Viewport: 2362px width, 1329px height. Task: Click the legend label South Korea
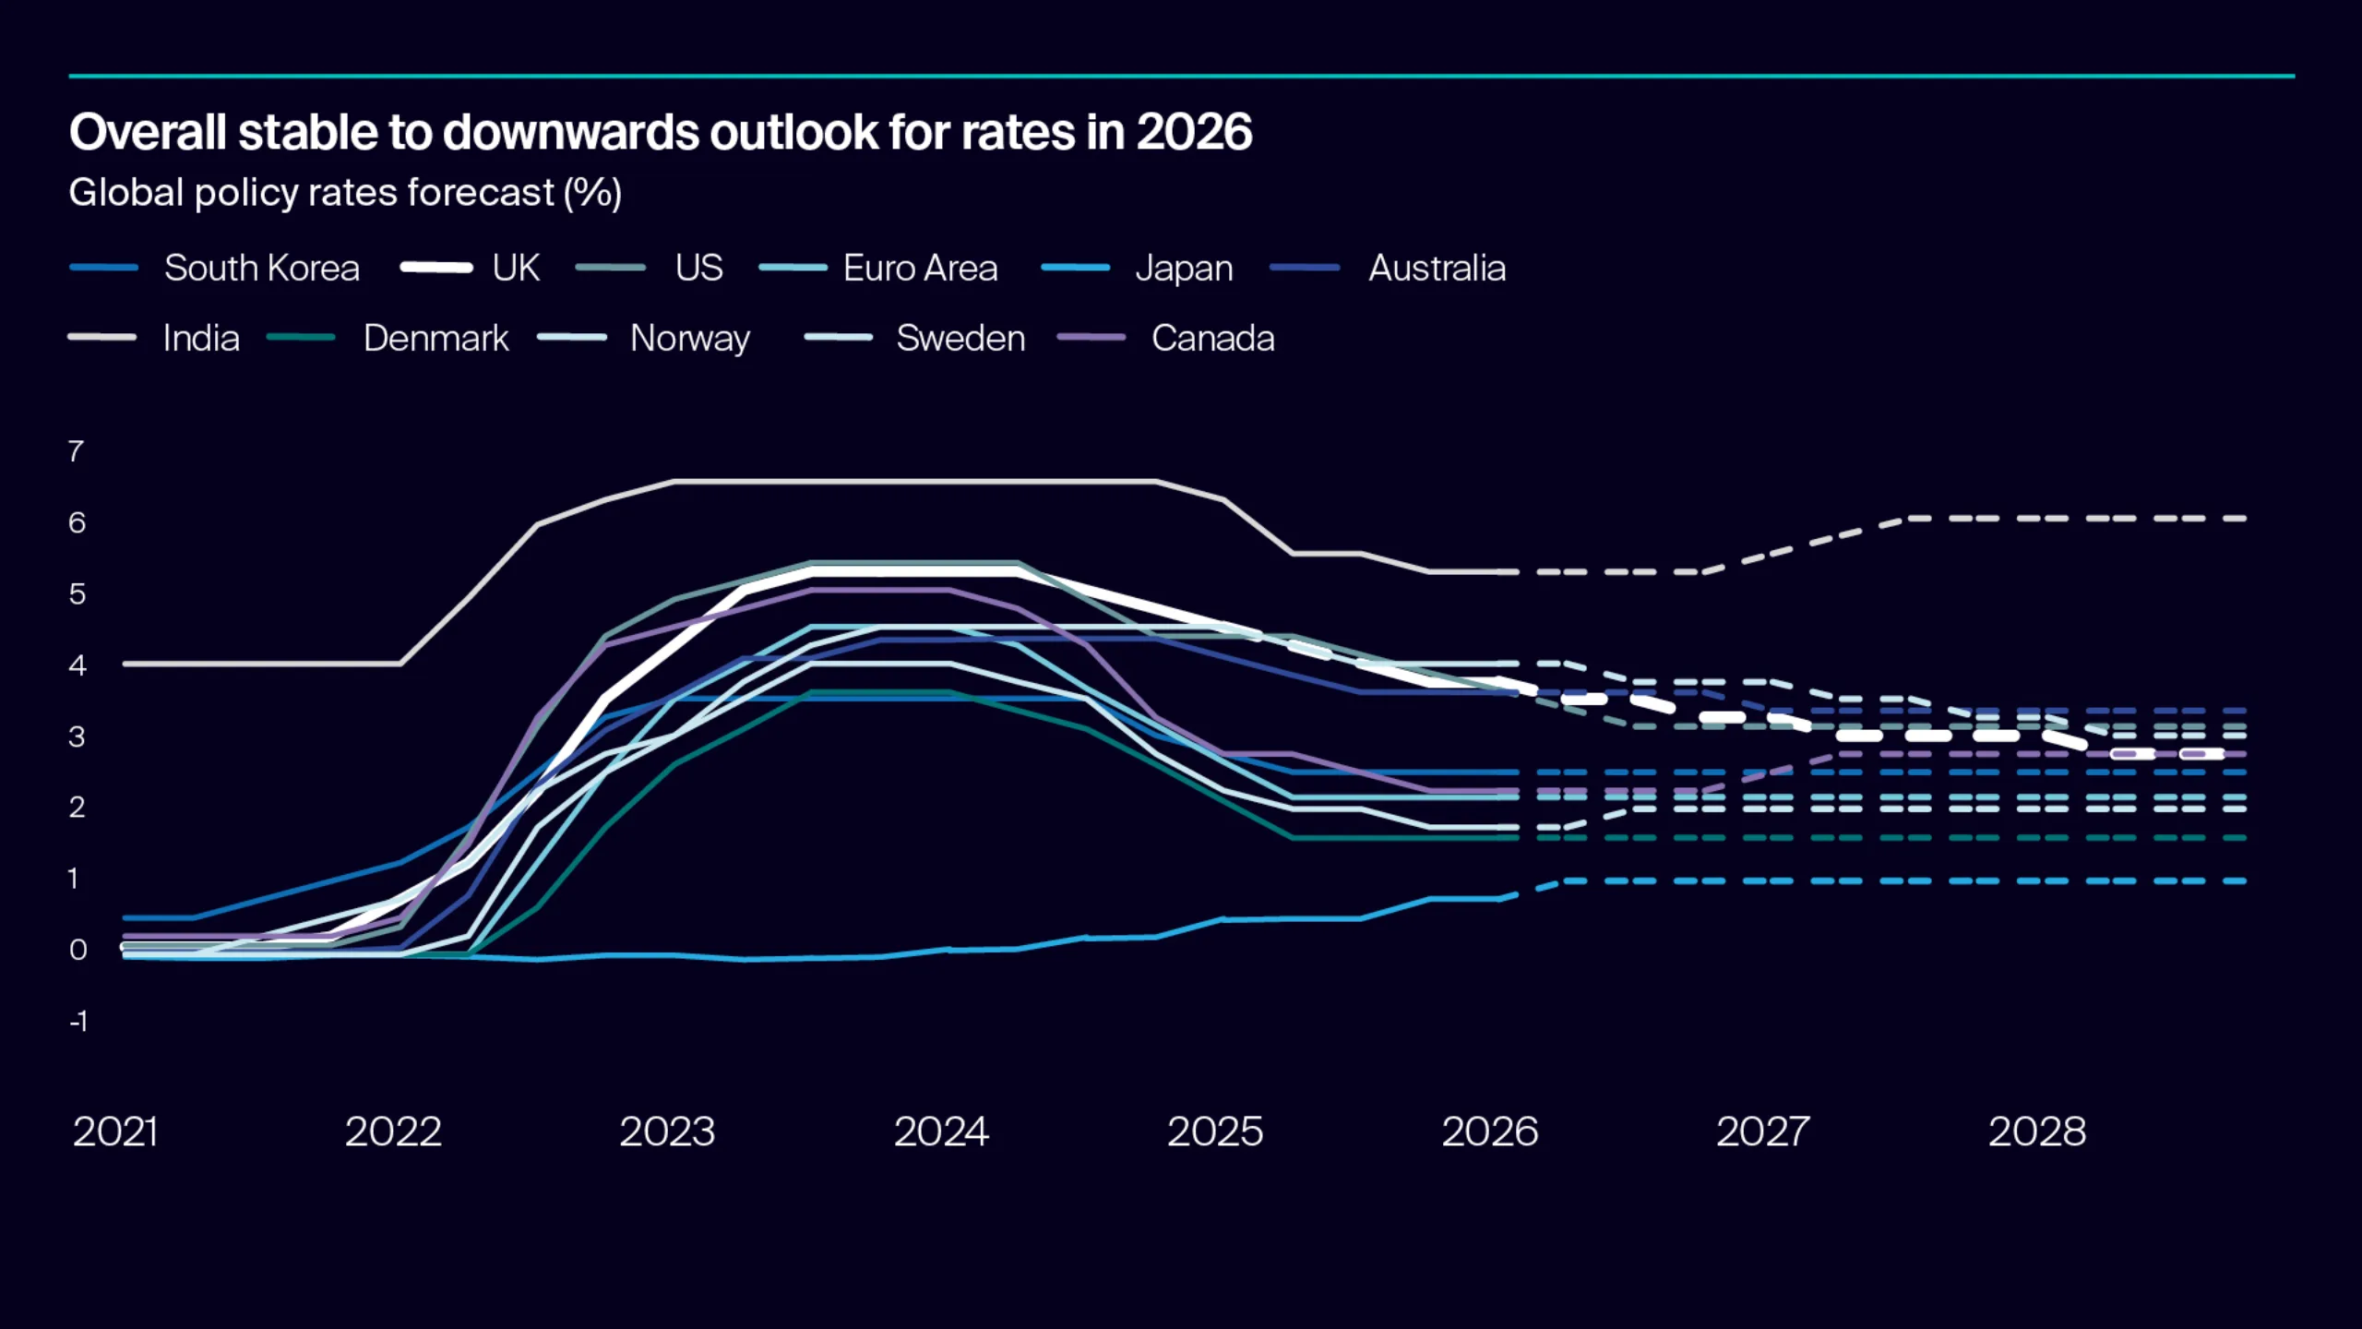click(261, 269)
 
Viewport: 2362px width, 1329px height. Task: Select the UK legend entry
click(515, 269)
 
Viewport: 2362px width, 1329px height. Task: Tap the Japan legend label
click(1184, 269)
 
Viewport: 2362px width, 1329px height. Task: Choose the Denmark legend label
click(435, 339)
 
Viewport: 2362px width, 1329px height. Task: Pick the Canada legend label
click(1212, 339)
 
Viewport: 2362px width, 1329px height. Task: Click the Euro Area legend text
click(920, 269)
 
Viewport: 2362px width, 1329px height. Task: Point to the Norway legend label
click(689, 339)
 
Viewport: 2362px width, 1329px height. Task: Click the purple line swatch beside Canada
click(1091, 338)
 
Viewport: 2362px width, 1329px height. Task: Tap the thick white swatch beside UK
click(436, 268)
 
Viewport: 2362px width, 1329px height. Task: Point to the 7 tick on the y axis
click(76, 451)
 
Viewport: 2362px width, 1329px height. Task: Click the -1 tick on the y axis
click(78, 1022)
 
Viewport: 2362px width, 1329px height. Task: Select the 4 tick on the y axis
click(77, 665)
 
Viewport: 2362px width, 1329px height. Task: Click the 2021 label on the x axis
click(115, 1132)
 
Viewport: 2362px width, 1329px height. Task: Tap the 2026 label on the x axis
click(1489, 1132)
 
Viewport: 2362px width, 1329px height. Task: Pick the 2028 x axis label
click(2036, 1132)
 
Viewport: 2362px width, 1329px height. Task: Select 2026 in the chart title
click(1193, 132)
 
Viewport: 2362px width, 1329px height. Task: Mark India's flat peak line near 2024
click(941, 482)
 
